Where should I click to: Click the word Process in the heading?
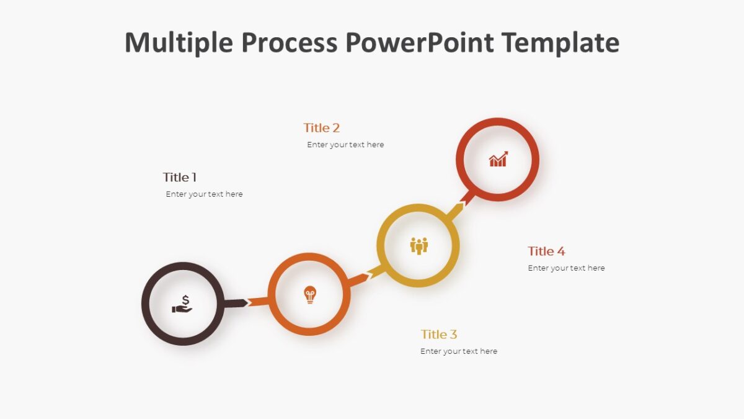289,43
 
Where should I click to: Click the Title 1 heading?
180,177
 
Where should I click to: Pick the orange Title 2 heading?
321,128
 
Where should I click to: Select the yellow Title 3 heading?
439,335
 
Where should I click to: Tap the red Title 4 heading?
546,251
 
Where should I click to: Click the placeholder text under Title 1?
204,194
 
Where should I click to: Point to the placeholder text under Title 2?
345,145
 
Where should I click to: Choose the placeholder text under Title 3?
459,351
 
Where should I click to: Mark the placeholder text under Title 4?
566,268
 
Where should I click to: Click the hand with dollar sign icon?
182,304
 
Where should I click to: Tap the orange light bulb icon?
309,295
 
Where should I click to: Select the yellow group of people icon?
419,246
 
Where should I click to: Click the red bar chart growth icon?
498,160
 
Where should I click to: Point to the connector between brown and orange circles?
246,303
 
